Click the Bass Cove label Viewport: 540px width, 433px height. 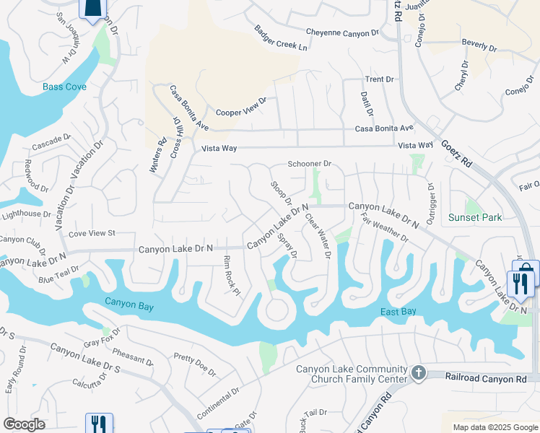coord(64,87)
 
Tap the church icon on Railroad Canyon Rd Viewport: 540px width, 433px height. coord(417,372)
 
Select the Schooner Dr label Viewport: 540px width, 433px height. coord(309,164)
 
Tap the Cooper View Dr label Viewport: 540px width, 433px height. coord(241,107)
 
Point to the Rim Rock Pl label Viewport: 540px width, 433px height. coord(231,275)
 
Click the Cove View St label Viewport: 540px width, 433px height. coord(92,233)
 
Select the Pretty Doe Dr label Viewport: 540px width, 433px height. coord(195,364)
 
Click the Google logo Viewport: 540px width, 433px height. coord(24,424)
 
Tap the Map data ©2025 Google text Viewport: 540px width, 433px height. coord(495,427)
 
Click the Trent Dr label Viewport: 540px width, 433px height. coord(379,79)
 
